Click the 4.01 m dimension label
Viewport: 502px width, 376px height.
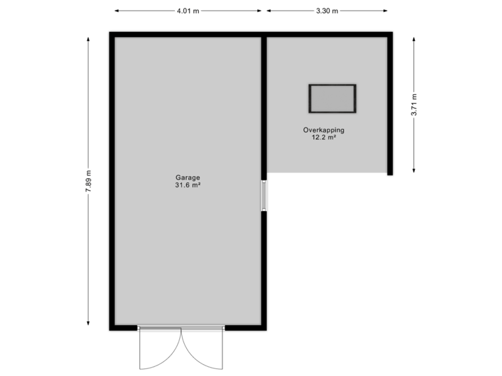pyautogui.click(x=188, y=10)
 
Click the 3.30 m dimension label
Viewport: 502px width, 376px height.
pyautogui.click(x=327, y=10)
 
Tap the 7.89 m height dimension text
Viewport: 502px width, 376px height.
pyautogui.click(x=89, y=182)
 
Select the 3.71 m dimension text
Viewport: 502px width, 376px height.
pyautogui.click(x=414, y=105)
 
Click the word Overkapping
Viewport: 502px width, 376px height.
pyautogui.click(x=324, y=130)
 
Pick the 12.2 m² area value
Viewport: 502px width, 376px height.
pyautogui.click(x=324, y=138)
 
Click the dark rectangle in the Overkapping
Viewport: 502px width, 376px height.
pyautogui.click(x=333, y=98)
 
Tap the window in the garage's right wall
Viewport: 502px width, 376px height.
pyautogui.click(x=264, y=196)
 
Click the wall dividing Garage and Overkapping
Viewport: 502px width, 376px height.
pyautogui.click(x=264, y=104)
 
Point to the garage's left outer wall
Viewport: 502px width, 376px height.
pyautogui.click(x=111, y=181)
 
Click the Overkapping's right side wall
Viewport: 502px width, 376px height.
pyautogui.click(x=390, y=104)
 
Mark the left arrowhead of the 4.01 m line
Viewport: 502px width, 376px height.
pyautogui.click(x=116, y=10)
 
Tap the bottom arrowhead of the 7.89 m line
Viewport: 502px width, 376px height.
pyautogui.click(x=89, y=323)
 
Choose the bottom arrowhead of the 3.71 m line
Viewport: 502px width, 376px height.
pyautogui.click(x=414, y=171)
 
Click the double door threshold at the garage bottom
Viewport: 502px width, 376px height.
pyautogui.click(x=181, y=328)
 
